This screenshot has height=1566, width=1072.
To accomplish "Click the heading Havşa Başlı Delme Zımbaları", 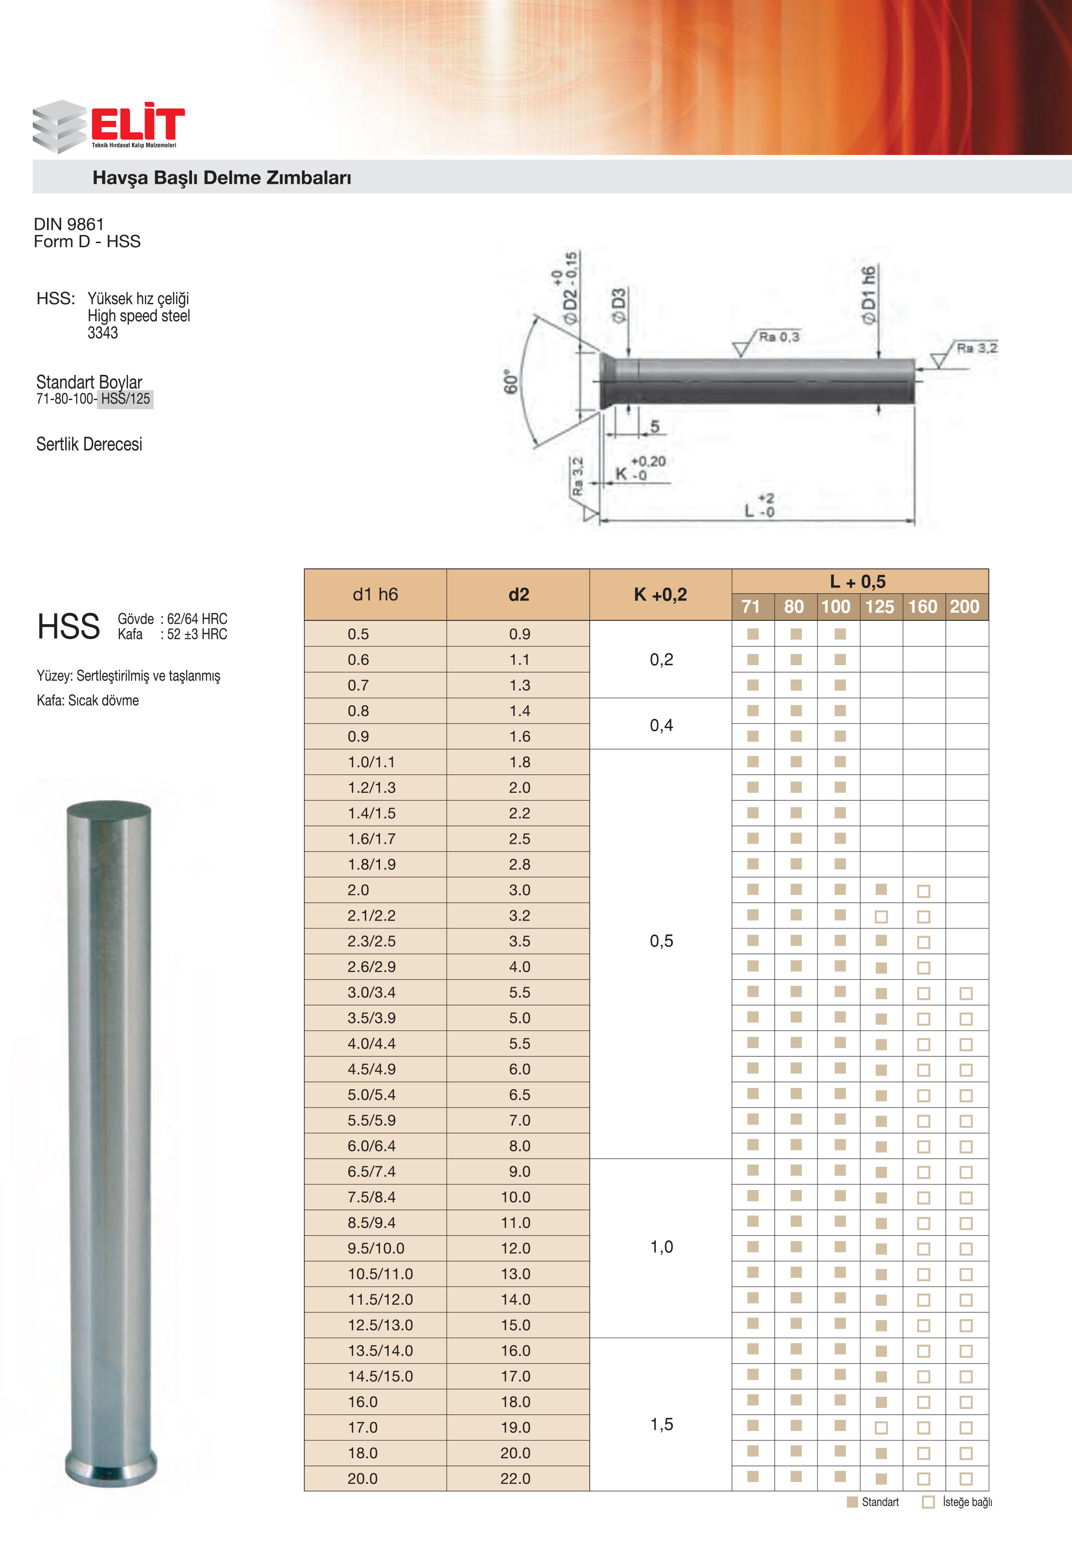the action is (x=222, y=178).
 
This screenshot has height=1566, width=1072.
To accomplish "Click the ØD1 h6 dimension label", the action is (x=869, y=295).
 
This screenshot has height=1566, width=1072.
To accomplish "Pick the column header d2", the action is (x=518, y=594).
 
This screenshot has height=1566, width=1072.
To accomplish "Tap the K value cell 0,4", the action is (x=661, y=725).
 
